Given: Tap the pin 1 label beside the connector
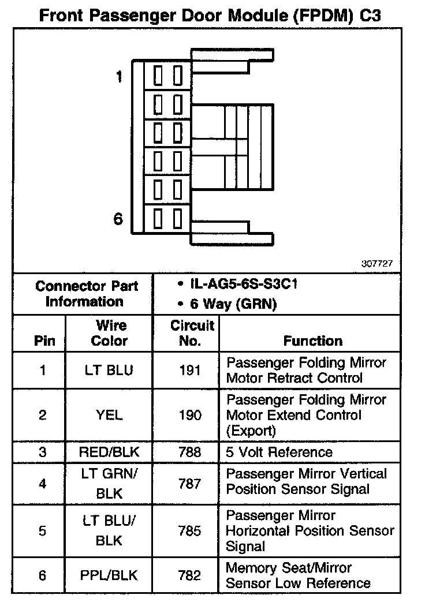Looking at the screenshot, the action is pyautogui.click(x=119, y=76).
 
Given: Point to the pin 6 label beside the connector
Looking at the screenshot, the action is pyautogui.click(x=118, y=219).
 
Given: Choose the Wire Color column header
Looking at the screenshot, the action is pyautogui.click(x=109, y=333).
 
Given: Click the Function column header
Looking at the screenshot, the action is pyautogui.click(x=313, y=341).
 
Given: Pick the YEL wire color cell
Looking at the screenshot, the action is pyautogui.click(x=109, y=415).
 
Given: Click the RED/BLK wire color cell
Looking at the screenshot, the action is pyautogui.click(x=109, y=452).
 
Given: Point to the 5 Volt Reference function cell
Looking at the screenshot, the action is pyautogui.click(x=279, y=452).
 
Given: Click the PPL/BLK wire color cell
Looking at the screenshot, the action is pyautogui.click(x=109, y=575).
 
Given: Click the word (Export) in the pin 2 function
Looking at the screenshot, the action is pyautogui.click(x=251, y=431).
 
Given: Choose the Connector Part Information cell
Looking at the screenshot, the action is pyautogui.click(x=87, y=294).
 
